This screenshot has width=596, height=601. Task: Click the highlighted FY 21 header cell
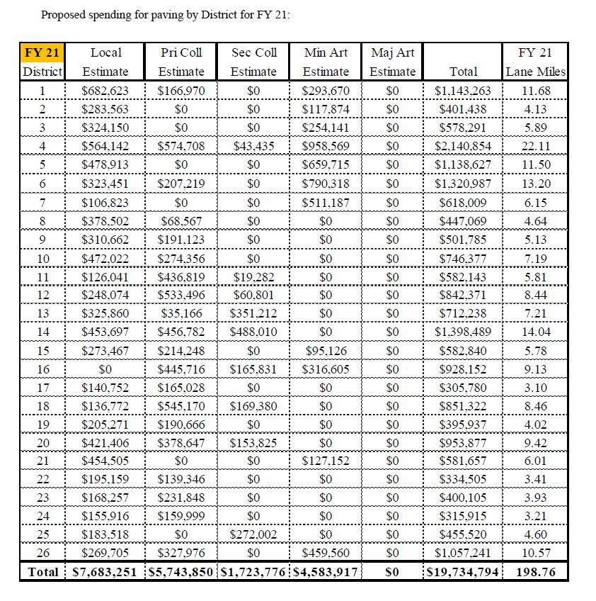click(42, 52)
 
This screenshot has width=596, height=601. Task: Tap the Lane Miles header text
click(535, 72)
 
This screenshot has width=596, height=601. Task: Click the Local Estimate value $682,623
click(105, 91)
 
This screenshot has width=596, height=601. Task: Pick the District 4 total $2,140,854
click(463, 146)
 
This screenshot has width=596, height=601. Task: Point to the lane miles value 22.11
click(535, 146)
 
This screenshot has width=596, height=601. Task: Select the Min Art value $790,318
click(326, 183)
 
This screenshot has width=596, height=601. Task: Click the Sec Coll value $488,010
click(253, 332)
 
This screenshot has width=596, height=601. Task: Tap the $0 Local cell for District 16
click(105, 369)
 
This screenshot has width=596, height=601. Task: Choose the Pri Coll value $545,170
click(181, 406)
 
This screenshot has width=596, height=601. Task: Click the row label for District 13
click(42, 313)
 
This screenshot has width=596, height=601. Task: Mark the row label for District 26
click(42, 553)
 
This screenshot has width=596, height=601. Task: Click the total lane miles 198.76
click(535, 571)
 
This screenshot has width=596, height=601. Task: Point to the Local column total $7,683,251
click(107, 571)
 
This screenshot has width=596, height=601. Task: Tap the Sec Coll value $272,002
click(253, 534)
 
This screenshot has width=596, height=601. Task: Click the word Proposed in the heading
click(64, 15)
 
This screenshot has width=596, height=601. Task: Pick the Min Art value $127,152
click(326, 461)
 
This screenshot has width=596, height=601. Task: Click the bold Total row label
click(42, 571)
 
